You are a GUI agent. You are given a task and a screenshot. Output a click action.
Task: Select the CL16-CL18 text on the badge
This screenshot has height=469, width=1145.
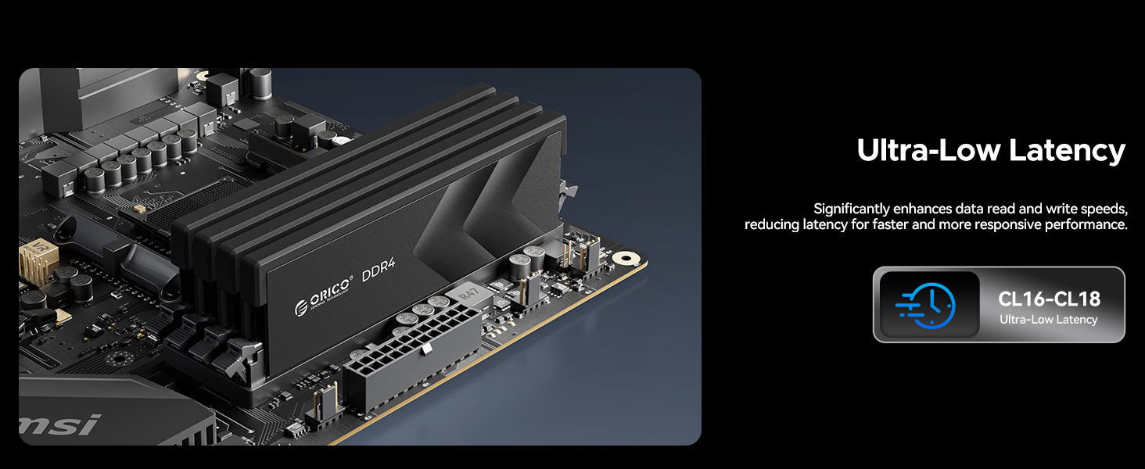click(x=1049, y=299)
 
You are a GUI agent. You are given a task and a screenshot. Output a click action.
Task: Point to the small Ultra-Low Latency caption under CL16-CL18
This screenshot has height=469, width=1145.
click(x=1048, y=320)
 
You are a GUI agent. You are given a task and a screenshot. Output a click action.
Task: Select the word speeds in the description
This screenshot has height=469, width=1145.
click(x=1103, y=209)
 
